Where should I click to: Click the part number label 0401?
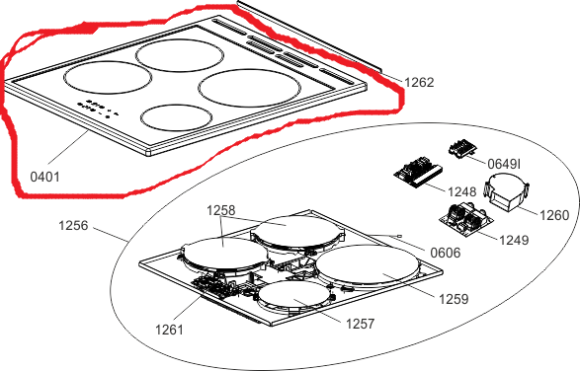tap(44, 177)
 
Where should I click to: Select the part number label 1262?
tap(419, 83)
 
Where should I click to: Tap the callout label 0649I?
tap(504, 164)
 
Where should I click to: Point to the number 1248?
tap(462, 191)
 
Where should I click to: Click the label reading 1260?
tap(554, 215)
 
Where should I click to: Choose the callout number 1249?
tap(514, 240)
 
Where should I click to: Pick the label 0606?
tap(446, 254)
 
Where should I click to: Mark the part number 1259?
tap(454, 299)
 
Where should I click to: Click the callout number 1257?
tap(360, 324)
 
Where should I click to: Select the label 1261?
tap(169, 330)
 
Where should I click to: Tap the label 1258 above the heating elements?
tap(220, 210)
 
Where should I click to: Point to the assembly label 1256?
tap(73, 225)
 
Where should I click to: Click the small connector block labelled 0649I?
tap(461, 149)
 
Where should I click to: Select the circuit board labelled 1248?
tap(418, 173)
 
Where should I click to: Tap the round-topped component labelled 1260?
tap(508, 191)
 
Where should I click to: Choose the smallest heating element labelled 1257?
tap(294, 296)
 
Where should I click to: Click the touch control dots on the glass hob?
tap(98, 109)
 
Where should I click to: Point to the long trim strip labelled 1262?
tap(309, 37)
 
